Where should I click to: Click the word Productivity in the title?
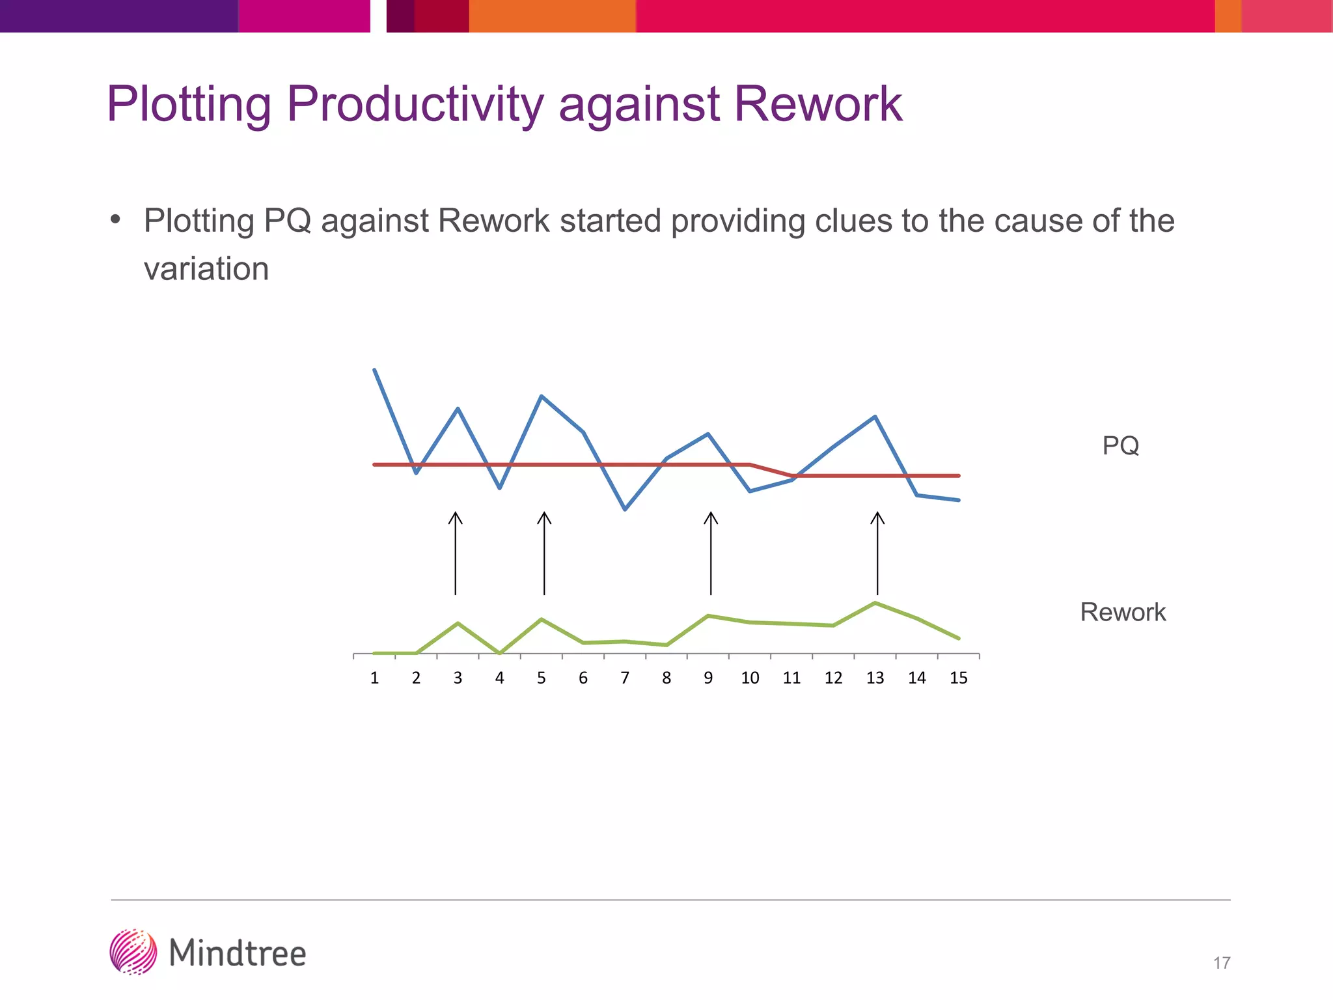point(414,104)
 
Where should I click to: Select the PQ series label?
point(1120,446)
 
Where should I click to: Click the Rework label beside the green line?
point(1123,613)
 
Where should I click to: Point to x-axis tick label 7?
point(625,678)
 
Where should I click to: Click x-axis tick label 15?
point(958,678)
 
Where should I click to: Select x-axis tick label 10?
point(750,678)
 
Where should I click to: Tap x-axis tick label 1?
point(374,678)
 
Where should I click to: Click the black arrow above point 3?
point(456,553)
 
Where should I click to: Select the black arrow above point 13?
point(877,553)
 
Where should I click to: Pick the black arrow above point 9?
point(711,553)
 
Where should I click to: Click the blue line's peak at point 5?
point(542,396)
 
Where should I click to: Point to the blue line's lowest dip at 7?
point(625,509)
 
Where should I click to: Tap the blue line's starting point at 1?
point(374,370)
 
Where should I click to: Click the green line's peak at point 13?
point(875,603)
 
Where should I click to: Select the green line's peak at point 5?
point(542,619)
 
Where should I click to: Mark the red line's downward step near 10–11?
point(771,470)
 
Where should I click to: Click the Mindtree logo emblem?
point(133,952)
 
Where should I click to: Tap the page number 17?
point(1222,963)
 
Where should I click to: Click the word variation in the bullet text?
point(206,270)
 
